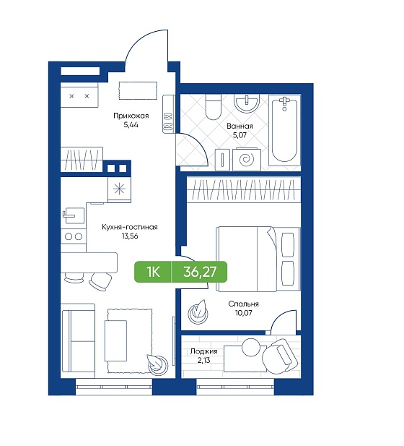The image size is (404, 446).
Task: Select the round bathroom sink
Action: pyautogui.click(x=247, y=103)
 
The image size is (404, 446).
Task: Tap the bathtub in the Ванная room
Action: pyautogui.click(x=284, y=129)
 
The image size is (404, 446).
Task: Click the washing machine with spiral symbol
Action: pyautogui.click(x=247, y=159)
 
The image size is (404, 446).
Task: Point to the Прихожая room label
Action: pyautogui.click(x=131, y=116)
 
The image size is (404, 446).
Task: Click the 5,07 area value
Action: pyautogui.click(x=240, y=135)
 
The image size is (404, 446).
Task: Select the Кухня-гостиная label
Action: pyautogui.click(x=130, y=227)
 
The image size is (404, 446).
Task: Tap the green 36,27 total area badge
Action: pyautogui.click(x=200, y=272)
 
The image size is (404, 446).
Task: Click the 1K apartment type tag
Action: pyautogui.click(x=153, y=272)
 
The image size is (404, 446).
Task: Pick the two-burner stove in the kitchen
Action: pyautogui.click(x=74, y=236)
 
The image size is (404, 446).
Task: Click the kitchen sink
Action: pyautogui.click(x=74, y=215)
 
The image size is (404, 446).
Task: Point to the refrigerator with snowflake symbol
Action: pyautogui.click(x=119, y=189)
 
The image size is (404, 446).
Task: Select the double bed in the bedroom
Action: pyautogui.click(x=258, y=259)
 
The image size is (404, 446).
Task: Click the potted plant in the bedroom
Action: pyautogui.click(x=198, y=312)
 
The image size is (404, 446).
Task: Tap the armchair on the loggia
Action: pyautogui.click(x=280, y=356)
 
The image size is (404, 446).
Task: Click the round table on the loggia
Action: pyautogui.click(x=250, y=347)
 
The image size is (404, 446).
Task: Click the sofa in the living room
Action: pyautogui.click(x=78, y=341)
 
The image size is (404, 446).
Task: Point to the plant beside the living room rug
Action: pyautogui.click(x=157, y=363)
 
